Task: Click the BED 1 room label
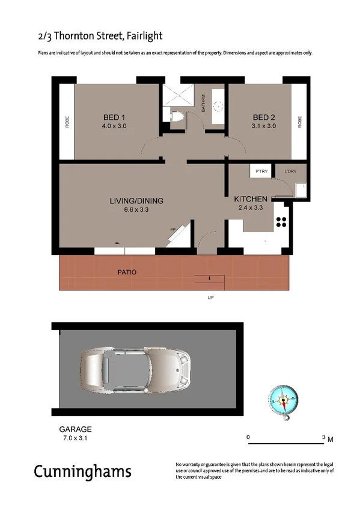[x=114, y=117]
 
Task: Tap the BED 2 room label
[x=264, y=117]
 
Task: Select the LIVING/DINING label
[x=136, y=201]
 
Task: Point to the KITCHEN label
[x=251, y=198]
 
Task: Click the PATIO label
[x=126, y=272]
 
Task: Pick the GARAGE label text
[x=75, y=429]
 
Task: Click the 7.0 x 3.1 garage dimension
[x=75, y=438]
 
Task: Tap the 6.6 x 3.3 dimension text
[x=136, y=210]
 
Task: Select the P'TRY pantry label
[x=261, y=172]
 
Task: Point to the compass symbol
[x=284, y=398]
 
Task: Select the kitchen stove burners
[x=281, y=221]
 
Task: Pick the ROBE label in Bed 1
[x=67, y=121]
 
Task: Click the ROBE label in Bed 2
[x=299, y=121]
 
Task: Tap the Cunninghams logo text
[x=82, y=471]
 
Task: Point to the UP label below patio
[x=210, y=298]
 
